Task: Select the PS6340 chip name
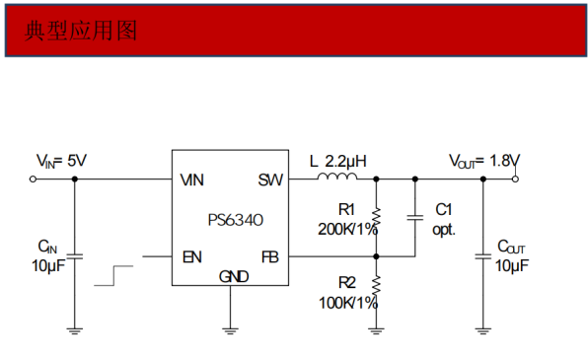[x=235, y=219]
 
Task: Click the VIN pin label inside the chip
[x=193, y=180]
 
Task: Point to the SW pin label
[x=270, y=180]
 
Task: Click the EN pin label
[x=192, y=257]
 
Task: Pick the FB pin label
[x=270, y=257]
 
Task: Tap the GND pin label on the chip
[x=233, y=276]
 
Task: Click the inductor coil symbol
[x=337, y=178]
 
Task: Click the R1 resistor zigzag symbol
[x=376, y=218]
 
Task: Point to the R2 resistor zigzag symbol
[x=376, y=285]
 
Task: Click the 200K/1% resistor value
[x=346, y=229]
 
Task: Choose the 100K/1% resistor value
[x=346, y=303]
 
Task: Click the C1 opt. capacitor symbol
[x=414, y=218]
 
